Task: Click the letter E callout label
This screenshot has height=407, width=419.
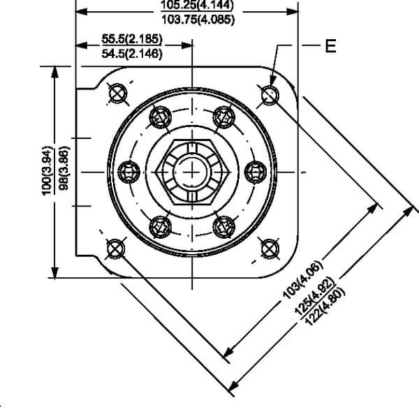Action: click(330, 47)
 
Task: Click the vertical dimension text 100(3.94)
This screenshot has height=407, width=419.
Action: click(46, 172)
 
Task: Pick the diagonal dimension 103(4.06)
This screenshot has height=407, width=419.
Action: click(301, 283)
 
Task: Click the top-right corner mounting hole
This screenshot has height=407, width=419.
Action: click(269, 94)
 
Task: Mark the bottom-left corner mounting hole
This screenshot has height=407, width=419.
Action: click(115, 247)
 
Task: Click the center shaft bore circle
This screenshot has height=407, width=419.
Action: click(191, 170)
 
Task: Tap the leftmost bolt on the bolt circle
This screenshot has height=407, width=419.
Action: click(129, 170)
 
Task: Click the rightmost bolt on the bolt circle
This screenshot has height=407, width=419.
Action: click(255, 170)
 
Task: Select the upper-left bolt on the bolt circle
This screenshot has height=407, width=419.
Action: click(161, 117)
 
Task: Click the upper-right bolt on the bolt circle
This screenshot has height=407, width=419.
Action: click(223, 117)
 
